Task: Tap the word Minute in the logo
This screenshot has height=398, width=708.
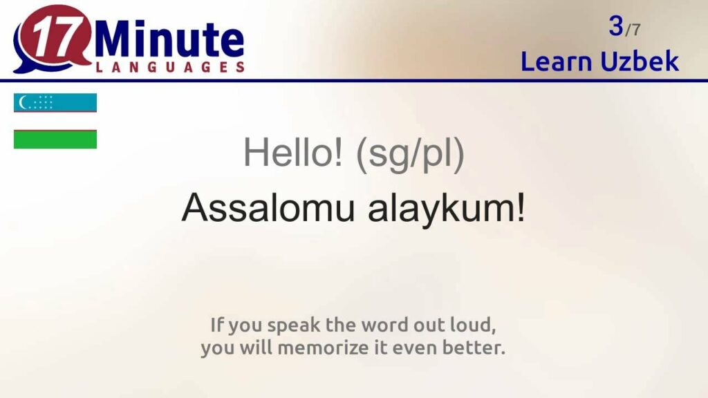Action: pos(170,39)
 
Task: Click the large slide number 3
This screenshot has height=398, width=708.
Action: pos(615,26)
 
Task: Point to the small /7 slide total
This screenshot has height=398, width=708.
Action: pos(633,30)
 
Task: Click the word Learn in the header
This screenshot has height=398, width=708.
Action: pos(556,61)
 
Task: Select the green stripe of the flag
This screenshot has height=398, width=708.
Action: pos(55,140)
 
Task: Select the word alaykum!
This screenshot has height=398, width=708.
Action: pos(446,207)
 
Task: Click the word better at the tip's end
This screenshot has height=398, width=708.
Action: pos(475,348)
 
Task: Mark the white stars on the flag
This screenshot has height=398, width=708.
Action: pos(43,103)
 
